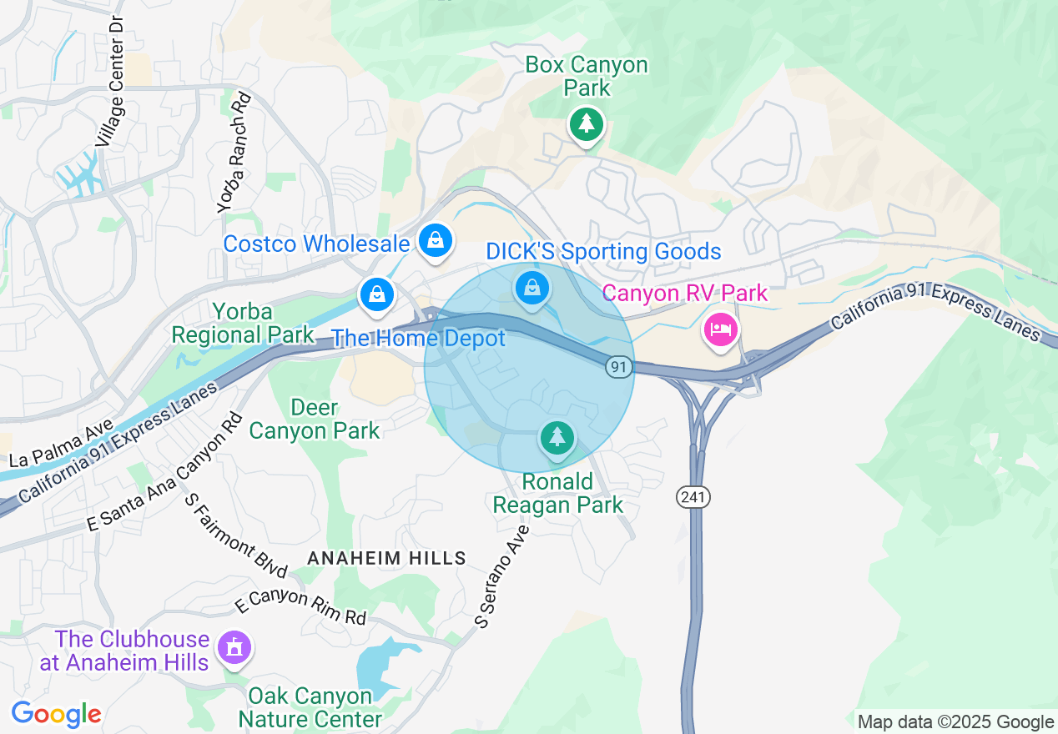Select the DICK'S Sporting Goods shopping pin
[x=532, y=289]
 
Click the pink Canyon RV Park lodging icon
[x=720, y=330]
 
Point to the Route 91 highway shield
[x=618, y=367]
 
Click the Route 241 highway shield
[x=693, y=497]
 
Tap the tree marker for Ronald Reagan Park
[x=557, y=437]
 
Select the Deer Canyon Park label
[x=315, y=420]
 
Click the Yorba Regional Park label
[x=243, y=324]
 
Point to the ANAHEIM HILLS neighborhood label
[x=386, y=558]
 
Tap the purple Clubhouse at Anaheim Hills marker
[x=234, y=648]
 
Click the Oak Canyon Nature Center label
[x=310, y=707]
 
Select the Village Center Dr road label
[x=109, y=80]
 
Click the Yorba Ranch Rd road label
[x=234, y=153]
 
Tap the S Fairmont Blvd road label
[x=236, y=535]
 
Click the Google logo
[x=56, y=715]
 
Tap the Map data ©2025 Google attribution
[x=955, y=722]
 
